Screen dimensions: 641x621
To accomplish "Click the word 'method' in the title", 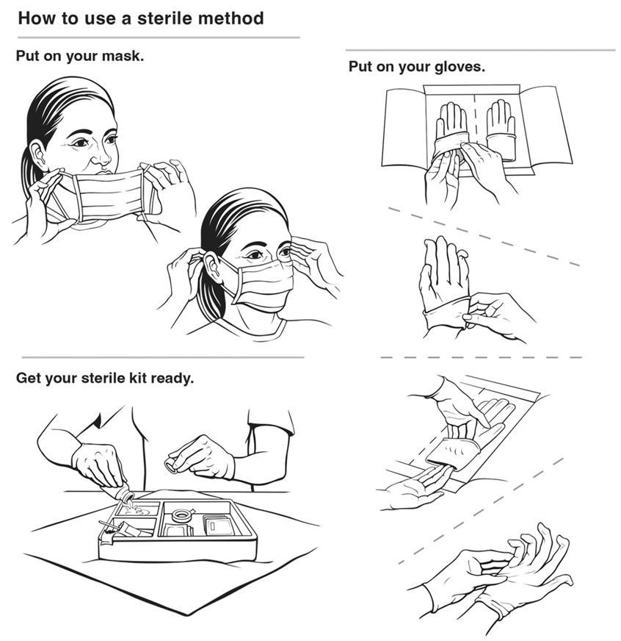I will coord(228,18).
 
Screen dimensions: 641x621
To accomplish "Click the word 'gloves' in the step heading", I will coord(460,67).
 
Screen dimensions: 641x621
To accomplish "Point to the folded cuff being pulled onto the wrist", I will coord(445,312).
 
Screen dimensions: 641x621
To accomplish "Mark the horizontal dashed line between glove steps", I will coord(481,358).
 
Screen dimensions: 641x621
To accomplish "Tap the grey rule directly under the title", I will coord(158,37).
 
